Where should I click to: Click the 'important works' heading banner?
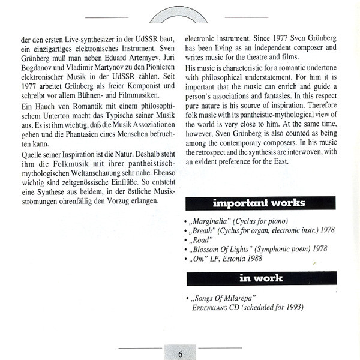[258, 203]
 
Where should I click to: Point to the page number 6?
[180, 353]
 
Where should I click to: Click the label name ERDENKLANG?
[211, 307]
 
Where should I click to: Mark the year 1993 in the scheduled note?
[292, 307]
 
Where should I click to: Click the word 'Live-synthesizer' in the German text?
[74, 39]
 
